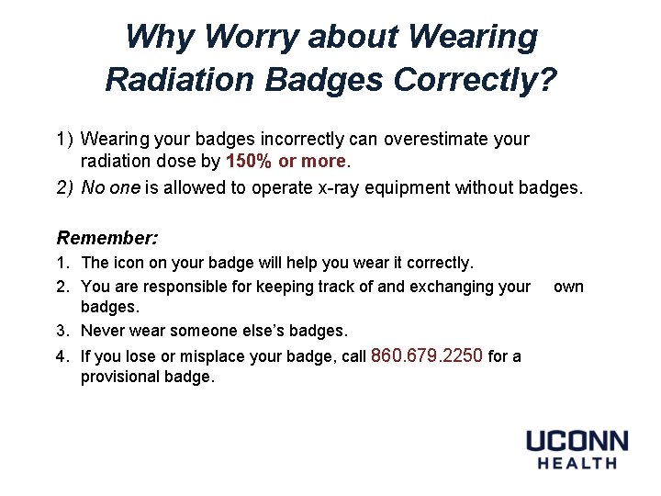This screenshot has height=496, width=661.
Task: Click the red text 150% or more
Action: coord(286,162)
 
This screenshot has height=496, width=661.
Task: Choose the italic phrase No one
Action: coord(109,188)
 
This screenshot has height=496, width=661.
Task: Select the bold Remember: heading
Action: coord(107,238)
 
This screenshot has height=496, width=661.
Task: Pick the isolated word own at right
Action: coord(568,287)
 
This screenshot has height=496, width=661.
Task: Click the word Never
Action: coord(104,331)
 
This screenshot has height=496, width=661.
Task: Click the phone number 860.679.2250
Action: coord(427,355)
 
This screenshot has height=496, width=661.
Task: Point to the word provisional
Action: coord(119,378)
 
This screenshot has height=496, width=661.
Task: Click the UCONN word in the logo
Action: coord(577,441)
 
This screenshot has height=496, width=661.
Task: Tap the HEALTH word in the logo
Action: coord(577,464)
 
